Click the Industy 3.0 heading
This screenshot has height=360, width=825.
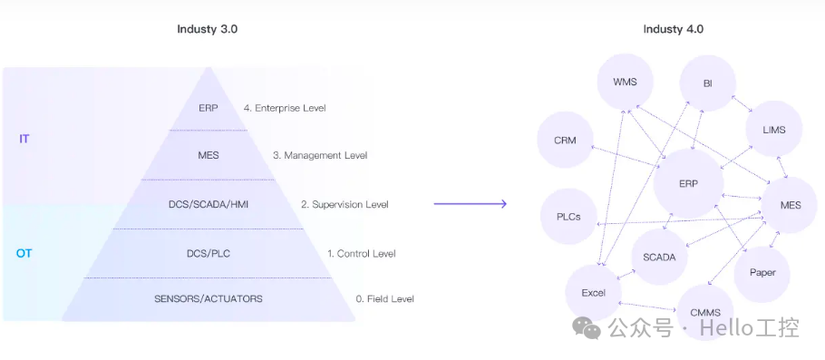pos(207,29)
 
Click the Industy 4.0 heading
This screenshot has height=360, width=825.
pos(673,29)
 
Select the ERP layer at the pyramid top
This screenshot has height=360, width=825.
pos(208,107)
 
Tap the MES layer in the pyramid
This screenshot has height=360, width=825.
pos(208,155)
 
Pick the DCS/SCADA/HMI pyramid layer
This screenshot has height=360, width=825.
pos(208,204)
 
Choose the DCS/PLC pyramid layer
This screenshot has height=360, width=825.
pos(208,253)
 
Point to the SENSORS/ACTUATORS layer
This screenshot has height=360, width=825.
pos(208,298)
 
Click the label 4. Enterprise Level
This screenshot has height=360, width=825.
pos(285,108)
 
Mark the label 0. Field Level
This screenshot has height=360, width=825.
pos(384,298)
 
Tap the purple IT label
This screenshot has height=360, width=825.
pos(25,139)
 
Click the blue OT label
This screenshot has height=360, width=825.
pos(24,253)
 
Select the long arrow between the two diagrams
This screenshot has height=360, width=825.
pos(470,204)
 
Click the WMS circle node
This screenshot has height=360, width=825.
pos(625,82)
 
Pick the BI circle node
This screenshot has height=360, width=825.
pos(707,83)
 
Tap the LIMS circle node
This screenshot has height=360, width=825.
pos(773,130)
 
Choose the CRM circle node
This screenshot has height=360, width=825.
pos(566,141)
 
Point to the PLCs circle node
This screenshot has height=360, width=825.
pos(568,218)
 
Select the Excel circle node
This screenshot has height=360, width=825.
pos(593,293)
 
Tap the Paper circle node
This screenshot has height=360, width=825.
pos(762,272)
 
